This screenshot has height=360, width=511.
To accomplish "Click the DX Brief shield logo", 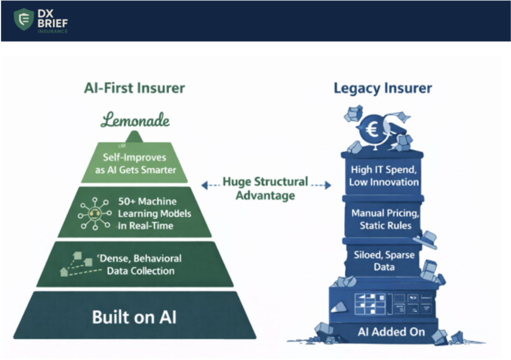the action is [x=24, y=20].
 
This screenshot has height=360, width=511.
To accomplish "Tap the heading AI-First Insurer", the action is [x=134, y=88].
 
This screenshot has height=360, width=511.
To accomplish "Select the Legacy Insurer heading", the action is [x=382, y=88].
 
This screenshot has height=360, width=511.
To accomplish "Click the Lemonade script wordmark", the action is [x=135, y=120].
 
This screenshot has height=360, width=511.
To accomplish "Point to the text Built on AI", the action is [x=135, y=317].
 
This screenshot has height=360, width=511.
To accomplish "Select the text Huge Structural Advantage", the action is [x=266, y=189].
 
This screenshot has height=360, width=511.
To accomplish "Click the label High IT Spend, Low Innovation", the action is [x=384, y=176].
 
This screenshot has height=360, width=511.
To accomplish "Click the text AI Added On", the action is [x=391, y=331].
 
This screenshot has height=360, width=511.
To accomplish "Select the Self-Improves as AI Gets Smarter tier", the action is [x=134, y=163].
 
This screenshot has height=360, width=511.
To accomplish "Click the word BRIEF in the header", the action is [x=53, y=24].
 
